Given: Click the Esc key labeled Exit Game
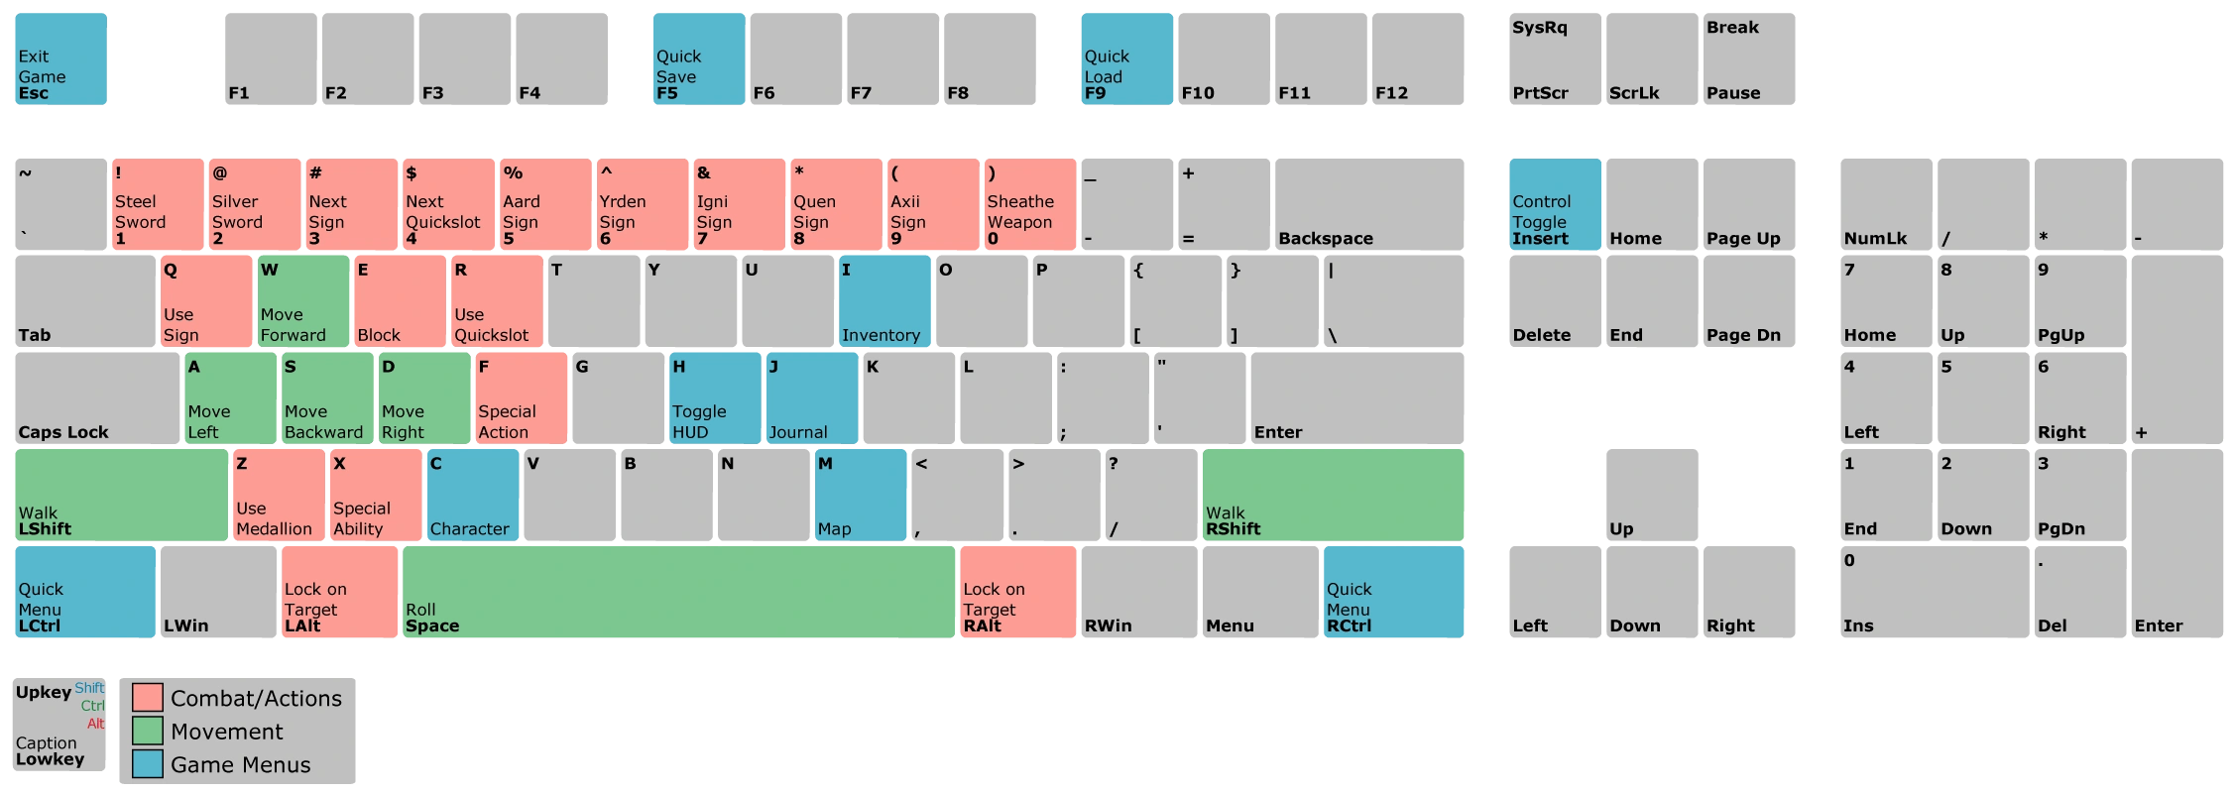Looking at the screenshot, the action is pyautogui.click(x=60, y=58).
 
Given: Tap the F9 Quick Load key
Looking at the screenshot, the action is pyautogui.click(x=1126, y=58).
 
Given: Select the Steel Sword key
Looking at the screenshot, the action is pyautogui.click(x=158, y=204).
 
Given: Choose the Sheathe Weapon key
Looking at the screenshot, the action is pyautogui.click(x=1030, y=204).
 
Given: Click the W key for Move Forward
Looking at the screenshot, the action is pyautogui.click(x=302, y=301).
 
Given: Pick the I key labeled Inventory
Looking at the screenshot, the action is pyautogui.click(x=884, y=301).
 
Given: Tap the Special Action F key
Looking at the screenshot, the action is pyautogui.click(x=521, y=398).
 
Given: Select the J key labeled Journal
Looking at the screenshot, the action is pyautogui.click(x=812, y=398).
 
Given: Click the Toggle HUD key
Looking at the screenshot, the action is pyautogui.click(x=715, y=398).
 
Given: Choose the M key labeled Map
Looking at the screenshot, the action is pyautogui.click(x=861, y=495).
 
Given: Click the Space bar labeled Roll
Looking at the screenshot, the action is pyautogui.click(x=678, y=592).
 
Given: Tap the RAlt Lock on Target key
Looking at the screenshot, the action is pyautogui.click(x=1018, y=592).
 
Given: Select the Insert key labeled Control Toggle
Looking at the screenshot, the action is pyautogui.click(x=1555, y=204).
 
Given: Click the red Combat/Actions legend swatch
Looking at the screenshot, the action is pyautogui.click(x=148, y=698).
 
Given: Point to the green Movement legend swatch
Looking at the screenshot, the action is pyautogui.click(x=148, y=731).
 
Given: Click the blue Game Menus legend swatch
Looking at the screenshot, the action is pyautogui.click(x=148, y=764).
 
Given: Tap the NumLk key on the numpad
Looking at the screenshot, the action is pyautogui.click(x=1886, y=204).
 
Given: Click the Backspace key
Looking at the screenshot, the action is pyautogui.click(x=1369, y=204).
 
